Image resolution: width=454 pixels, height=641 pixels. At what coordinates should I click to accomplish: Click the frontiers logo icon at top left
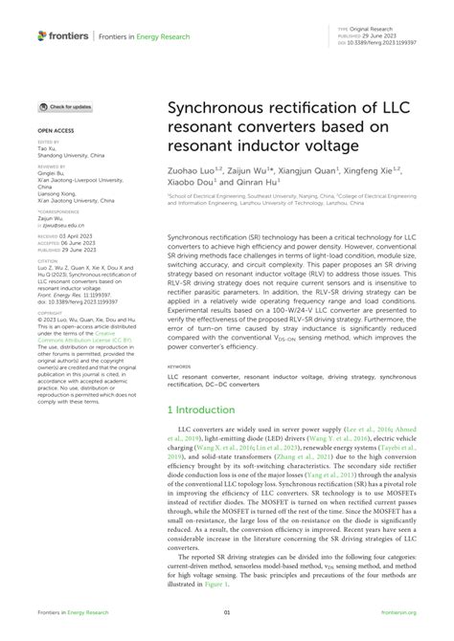click(x=43, y=35)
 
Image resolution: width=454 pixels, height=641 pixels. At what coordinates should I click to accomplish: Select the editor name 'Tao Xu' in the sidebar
click(x=46, y=150)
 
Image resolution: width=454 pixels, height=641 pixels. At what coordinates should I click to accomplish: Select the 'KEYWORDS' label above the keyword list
click(x=179, y=338)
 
